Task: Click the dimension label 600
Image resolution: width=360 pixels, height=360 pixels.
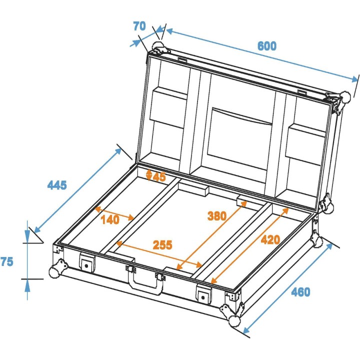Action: point(267,46)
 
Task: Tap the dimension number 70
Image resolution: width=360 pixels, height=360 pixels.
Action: point(139,26)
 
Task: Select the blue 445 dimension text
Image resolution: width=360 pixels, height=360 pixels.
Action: point(57,185)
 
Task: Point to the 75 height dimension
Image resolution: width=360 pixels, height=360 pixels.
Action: point(7,261)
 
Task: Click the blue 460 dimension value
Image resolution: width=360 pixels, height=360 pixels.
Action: point(300,292)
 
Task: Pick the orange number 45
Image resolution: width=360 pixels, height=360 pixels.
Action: point(159,176)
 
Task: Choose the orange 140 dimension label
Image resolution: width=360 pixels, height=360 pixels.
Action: point(109,219)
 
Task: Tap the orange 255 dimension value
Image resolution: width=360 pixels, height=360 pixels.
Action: point(162,245)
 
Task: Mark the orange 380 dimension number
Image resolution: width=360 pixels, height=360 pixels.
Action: point(217,216)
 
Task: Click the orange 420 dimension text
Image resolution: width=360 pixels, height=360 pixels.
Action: point(270,239)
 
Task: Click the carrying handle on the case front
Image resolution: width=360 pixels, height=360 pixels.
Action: point(146,284)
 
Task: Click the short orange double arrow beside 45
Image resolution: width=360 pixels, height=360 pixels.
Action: point(148,174)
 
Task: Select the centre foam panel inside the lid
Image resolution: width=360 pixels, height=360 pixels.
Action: point(242,129)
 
